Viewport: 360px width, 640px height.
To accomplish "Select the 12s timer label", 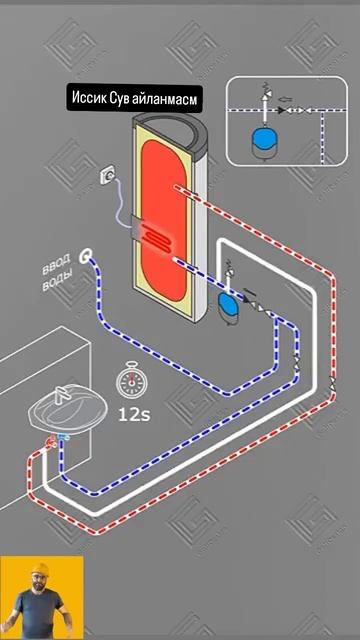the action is point(133,410).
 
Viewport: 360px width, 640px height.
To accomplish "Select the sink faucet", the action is point(61,395).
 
